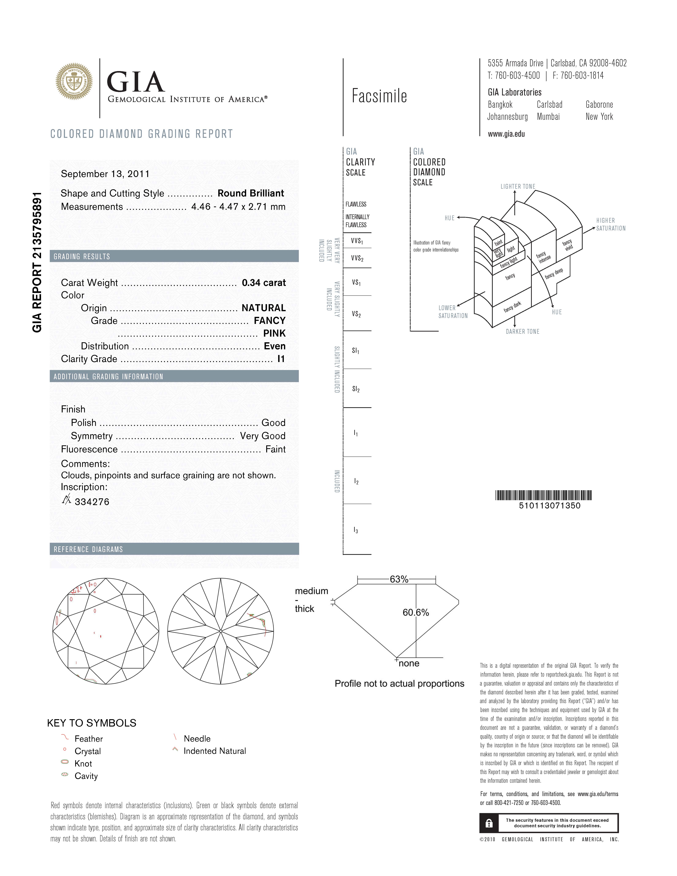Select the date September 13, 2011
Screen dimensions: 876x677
(105, 174)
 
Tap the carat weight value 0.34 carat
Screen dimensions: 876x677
(263, 283)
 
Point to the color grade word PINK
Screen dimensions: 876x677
(274, 333)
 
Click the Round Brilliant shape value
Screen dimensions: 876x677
(251, 193)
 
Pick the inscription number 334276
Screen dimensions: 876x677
(92, 502)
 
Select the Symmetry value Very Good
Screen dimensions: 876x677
(263, 436)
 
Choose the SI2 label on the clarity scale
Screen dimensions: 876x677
(356, 389)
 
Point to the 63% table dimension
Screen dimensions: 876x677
(399, 579)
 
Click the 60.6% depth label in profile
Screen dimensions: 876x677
(416, 612)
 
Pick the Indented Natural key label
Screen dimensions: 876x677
(215, 751)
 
